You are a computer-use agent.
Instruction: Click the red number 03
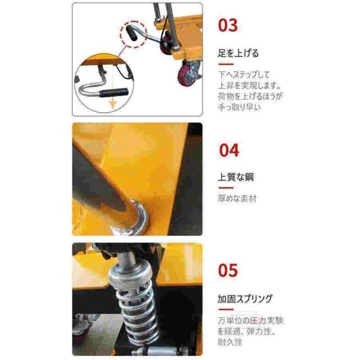point(228,25)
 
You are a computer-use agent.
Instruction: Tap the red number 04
point(229,150)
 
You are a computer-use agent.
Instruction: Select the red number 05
point(228,270)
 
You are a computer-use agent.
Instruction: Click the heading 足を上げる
point(238,53)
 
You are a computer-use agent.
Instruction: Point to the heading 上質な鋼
point(236,177)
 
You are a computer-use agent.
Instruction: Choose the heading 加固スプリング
point(245,299)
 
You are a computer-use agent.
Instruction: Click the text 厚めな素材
point(237,199)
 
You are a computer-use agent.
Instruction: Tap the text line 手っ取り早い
point(240,107)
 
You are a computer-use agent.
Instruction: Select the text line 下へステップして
point(244,75)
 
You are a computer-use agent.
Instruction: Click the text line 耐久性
point(230,343)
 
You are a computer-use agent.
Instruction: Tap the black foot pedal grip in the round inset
point(113,93)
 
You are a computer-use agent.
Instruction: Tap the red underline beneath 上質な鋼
point(226,188)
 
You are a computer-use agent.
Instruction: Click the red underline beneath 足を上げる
point(226,64)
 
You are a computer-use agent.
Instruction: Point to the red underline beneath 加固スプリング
point(226,310)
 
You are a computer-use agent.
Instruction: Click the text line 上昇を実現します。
point(250,85)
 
